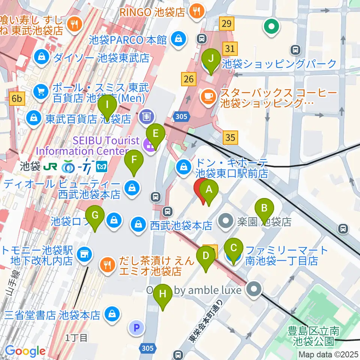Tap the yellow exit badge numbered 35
coord(230,137)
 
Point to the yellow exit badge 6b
coord(17,99)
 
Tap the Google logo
coord(25,351)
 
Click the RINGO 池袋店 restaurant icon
coord(196,11)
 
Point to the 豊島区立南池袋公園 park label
coord(311,336)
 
